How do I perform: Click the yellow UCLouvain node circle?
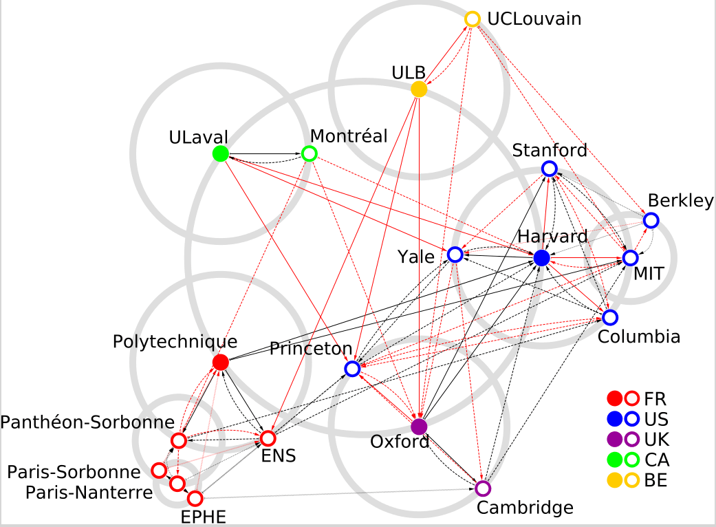coord(473,19)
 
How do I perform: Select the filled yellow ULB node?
coord(419,89)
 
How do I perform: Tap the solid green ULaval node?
coord(220,153)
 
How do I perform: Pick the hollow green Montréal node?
coord(310,153)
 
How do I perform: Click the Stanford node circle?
coord(549,169)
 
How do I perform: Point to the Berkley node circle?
coord(651,221)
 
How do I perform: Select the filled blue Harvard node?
coord(541,258)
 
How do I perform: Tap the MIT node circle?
coord(631,258)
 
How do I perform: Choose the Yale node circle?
coord(455,255)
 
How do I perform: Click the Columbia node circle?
coord(610,317)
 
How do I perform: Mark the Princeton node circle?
coord(352,369)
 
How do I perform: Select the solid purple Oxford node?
coord(419,427)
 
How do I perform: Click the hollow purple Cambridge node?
coord(483,488)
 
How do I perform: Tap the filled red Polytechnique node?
coord(220,362)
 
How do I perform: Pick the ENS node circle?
coord(268,438)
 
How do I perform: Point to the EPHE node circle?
coord(195,497)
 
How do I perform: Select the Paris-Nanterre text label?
coord(89,493)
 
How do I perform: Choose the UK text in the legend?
coord(656,438)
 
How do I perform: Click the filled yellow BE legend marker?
coord(615,480)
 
